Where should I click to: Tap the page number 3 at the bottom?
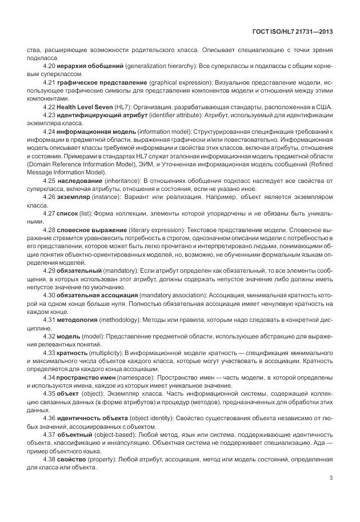click(x=331, y=479)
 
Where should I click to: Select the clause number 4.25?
click(x=50, y=180)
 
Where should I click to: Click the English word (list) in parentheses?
click(x=97, y=213)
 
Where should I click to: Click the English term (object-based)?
click(x=117, y=436)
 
